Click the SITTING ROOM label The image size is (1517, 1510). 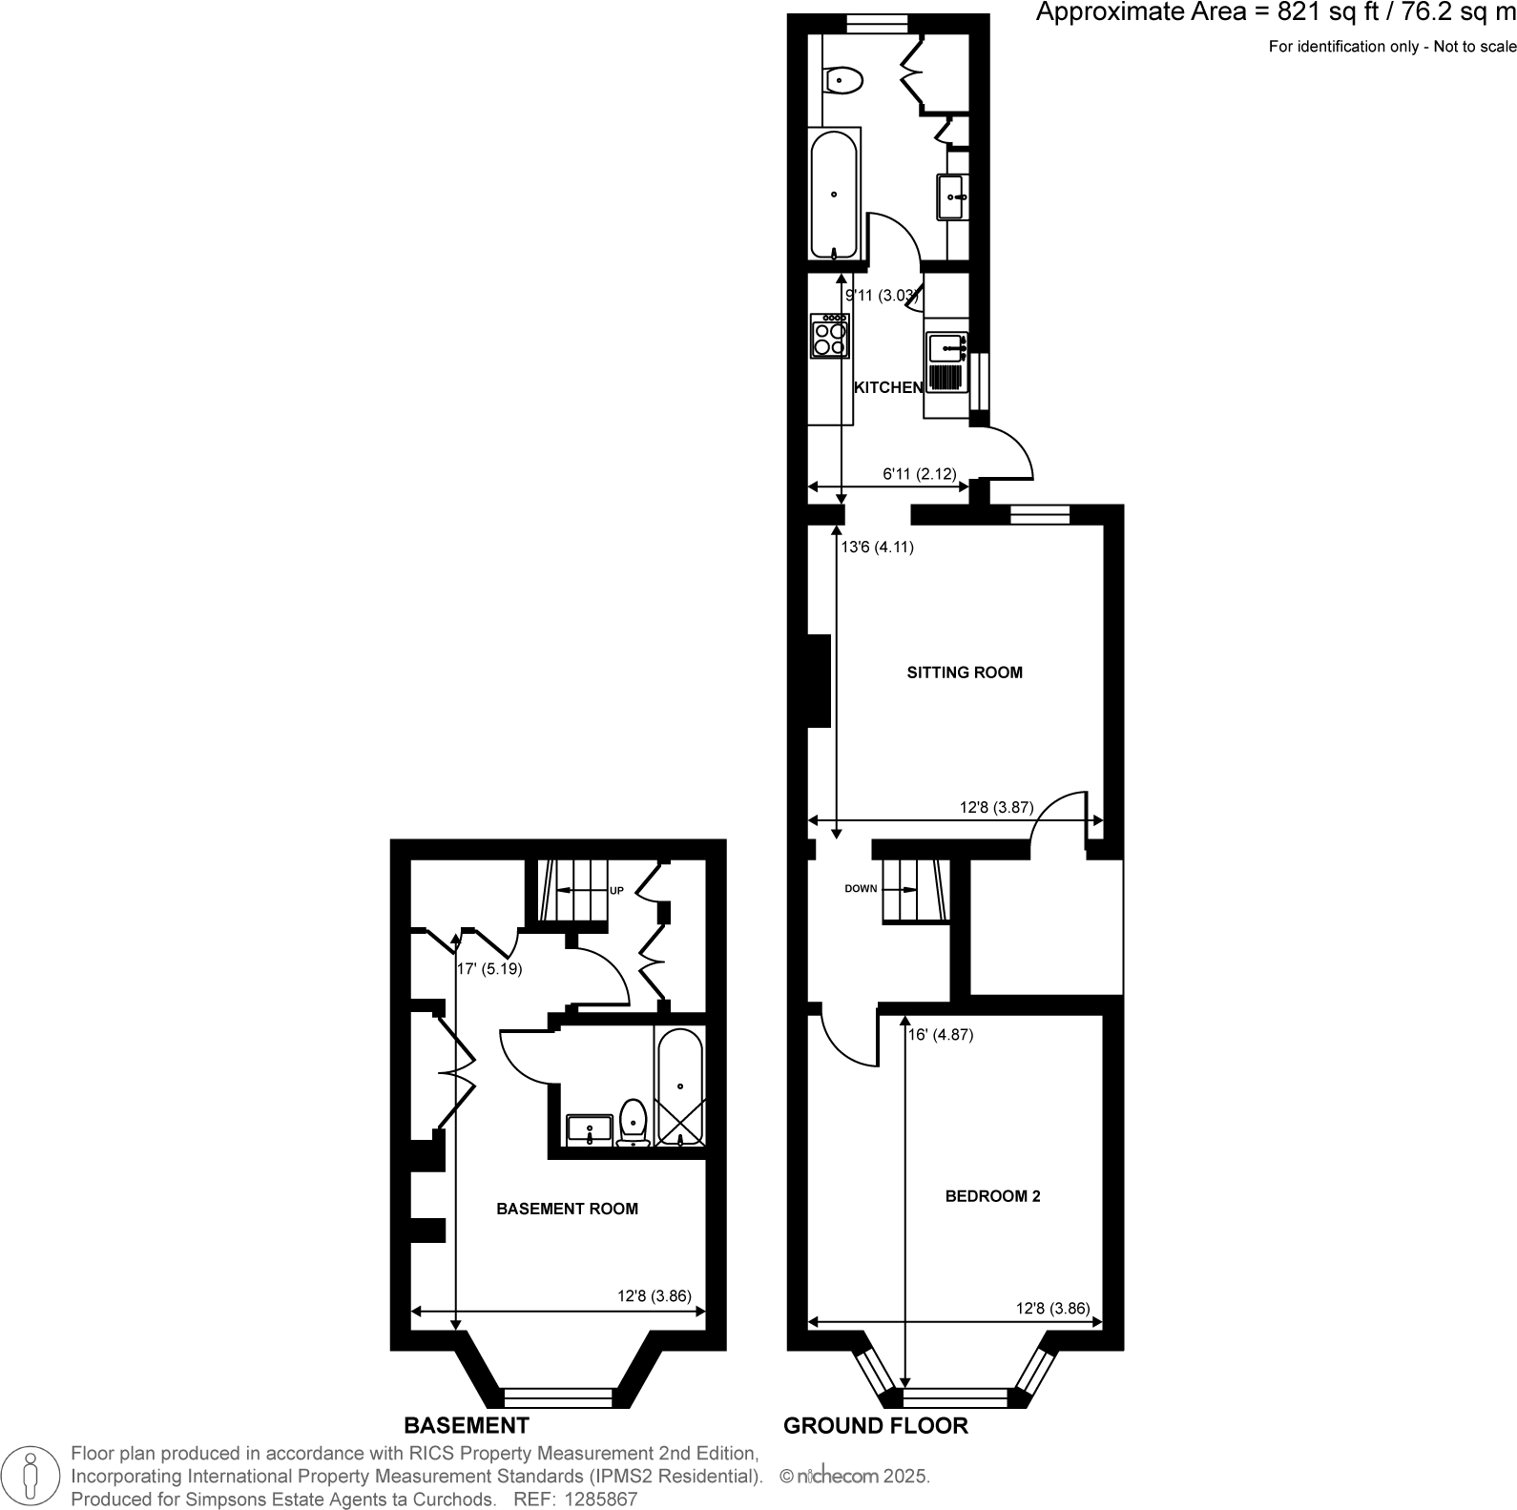(964, 672)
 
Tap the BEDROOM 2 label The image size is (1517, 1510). (992, 1196)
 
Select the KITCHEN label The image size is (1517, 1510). (887, 387)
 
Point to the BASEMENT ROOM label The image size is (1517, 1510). (567, 1209)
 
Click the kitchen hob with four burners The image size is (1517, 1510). (829, 337)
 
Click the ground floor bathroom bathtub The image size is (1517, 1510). (835, 195)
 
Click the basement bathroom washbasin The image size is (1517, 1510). (590, 1130)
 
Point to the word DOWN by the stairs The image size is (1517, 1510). (861, 889)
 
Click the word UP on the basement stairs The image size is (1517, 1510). (616, 891)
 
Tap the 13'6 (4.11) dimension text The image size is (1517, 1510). (877, 548)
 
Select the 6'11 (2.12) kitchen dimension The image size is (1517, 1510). (918, 473)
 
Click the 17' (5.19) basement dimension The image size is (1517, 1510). (489, 969)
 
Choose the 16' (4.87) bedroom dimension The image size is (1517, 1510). (941, 1034)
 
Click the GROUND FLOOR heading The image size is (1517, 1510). (875, 1425)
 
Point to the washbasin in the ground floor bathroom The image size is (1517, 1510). (953, 197)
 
